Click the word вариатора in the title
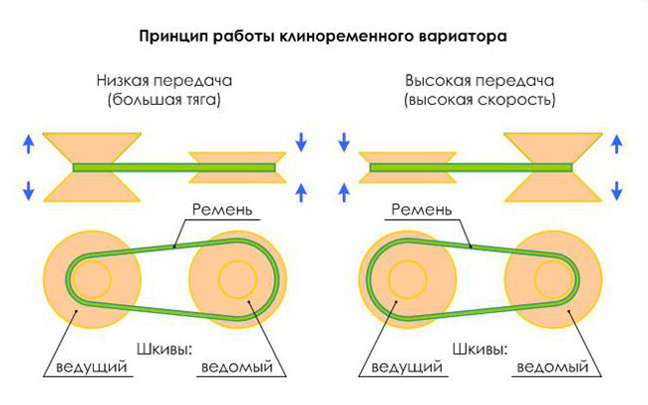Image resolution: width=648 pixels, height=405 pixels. click(x=463, y=36)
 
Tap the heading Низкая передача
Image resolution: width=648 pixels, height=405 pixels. click(x=164, y=80)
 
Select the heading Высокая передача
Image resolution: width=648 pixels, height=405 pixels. click(x=480, y=80)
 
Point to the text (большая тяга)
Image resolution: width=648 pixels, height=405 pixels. click(x=164, y=100)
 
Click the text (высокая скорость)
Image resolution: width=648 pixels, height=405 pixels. click(x=480, y=100)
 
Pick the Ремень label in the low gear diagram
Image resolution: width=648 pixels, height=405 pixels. click(x=222, y=209)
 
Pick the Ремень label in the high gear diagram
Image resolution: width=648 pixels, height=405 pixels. click(x=422, y=209)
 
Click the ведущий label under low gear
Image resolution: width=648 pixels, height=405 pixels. click(x=92, y=367)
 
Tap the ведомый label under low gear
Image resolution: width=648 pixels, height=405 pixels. click(x=237, y=367)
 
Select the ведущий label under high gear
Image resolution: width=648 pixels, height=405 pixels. click(x=407, y=367)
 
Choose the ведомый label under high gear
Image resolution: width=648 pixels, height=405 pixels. click(x=553, y=367)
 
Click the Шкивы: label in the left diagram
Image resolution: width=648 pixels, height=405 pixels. click(x=164, y=349)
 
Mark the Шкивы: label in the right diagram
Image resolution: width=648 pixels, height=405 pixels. click(x=480, y=349)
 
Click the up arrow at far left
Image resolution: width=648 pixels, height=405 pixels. click(x=28, y=145)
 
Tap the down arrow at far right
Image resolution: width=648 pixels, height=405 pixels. click(x=616, y=191)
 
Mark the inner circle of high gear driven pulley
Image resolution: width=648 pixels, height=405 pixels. click(x=534, y=279)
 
